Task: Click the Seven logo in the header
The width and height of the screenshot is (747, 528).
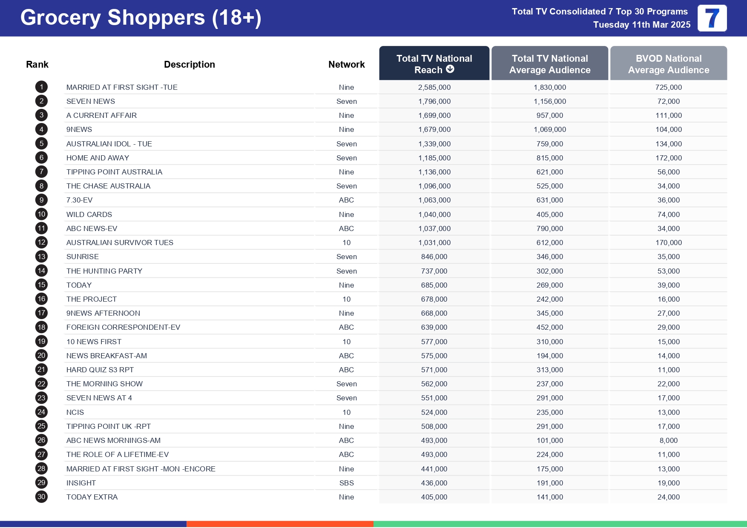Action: pyautogui.click(x=712, y=18)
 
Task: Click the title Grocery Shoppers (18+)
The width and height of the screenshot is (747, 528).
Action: pyautogui.click(x=141, y=18)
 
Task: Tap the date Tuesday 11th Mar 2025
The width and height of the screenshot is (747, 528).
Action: pyautogui.click(x=641, y=25)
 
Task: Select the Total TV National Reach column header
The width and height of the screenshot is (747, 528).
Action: pyautogui.click(x=434, y=64)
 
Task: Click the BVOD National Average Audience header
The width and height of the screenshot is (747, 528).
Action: pyautogui.click(x=668, y=64)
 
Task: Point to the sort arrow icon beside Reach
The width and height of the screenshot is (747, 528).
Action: pyautogui.click(x=450, y=69)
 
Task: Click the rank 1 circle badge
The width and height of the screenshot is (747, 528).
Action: pyautogui.click(x=41, y=87)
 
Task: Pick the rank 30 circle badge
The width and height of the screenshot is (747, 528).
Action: pyautogui.click(x=41, y=497)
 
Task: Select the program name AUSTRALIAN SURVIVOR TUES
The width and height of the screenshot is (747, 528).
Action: pyautogui.click(x=120, y=243)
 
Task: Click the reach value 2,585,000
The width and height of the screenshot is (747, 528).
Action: pyautogui.click(x=434, y=87)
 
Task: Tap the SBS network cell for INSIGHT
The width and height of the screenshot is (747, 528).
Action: pyautogui.click(x=346, y=483)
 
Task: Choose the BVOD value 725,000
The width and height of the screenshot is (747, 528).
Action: pyautogui.click(x=668, y=87)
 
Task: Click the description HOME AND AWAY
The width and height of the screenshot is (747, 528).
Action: pyautogui.click(x=98, y=158)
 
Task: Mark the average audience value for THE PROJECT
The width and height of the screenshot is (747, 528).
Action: pyautogui.click(x=549, y=299)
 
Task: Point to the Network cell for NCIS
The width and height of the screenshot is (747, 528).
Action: pyautogui.click(x=346, y=412)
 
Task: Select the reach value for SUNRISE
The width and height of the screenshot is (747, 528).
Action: pyautogui.click(x=434, y=257)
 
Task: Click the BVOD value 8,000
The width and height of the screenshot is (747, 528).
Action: pyautogui.click(x=668, y=440)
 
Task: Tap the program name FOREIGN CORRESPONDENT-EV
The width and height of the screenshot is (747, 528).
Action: pyautogui.click(x=123, y=327)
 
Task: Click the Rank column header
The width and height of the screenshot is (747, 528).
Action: pyautogui.click(x=37, y=64)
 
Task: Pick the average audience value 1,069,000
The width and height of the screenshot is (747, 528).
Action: pyautogui.click(x=549, y=129)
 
